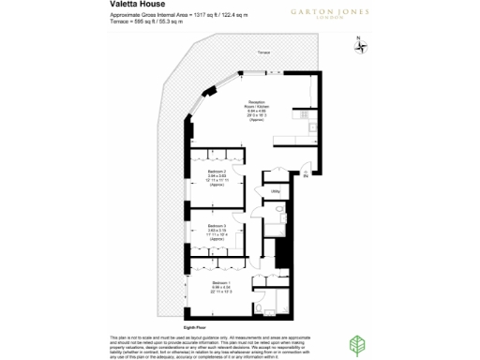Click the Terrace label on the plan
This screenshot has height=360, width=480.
click(x=265, y=53)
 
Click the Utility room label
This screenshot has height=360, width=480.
click(x=276, y=191)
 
